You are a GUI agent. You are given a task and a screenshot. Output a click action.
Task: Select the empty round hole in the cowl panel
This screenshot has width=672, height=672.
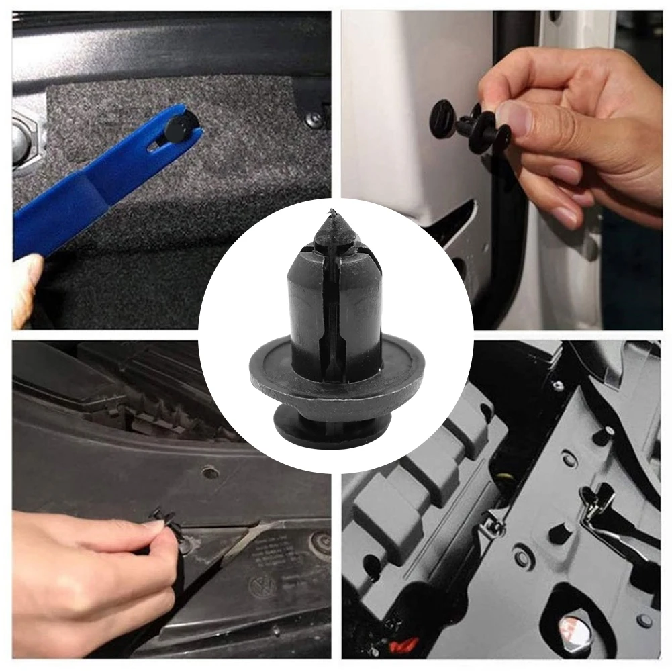click(x=210, y=472)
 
